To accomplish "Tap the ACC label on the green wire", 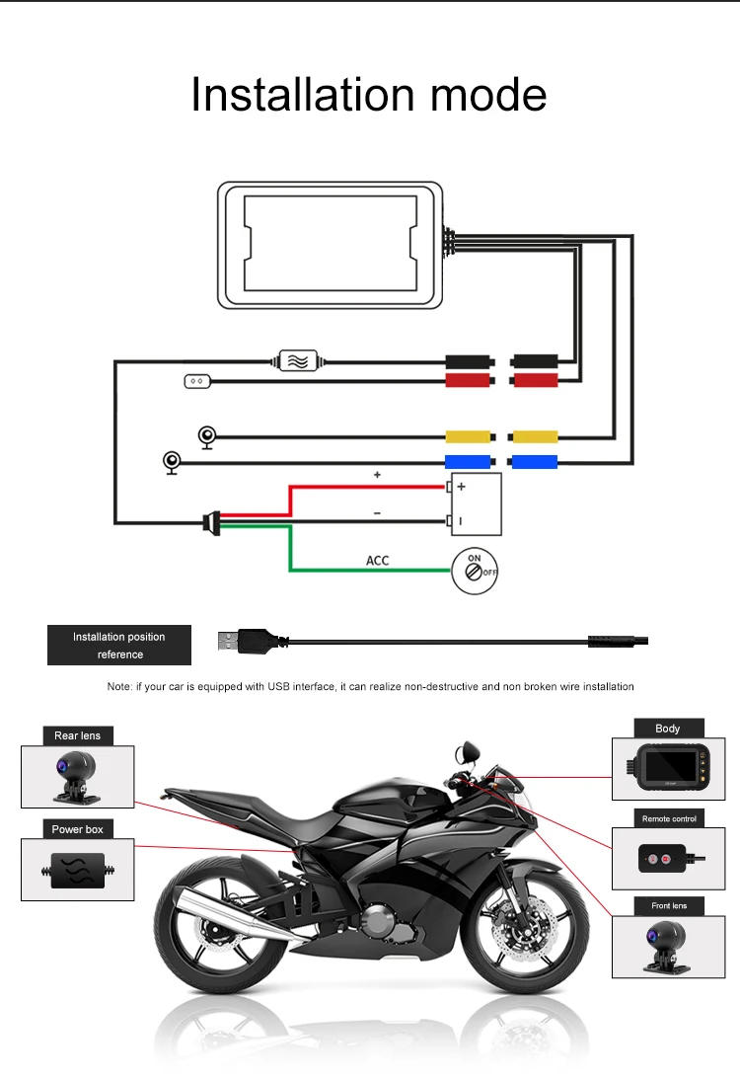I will coord(378,561).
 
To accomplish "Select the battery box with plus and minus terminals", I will coord(478,503).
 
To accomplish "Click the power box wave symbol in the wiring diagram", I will coord(296,361).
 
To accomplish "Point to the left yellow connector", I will coord(468,437).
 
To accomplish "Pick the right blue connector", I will coord(534,461).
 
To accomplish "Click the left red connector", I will coord(468,380).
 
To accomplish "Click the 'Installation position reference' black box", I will coord(118,645).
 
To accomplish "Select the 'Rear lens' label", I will coord(77,735).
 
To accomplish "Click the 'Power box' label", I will coord(77,829).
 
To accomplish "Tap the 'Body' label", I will coord(668,729).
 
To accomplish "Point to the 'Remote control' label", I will coord(669,818).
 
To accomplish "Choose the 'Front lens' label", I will coord(669,905).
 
